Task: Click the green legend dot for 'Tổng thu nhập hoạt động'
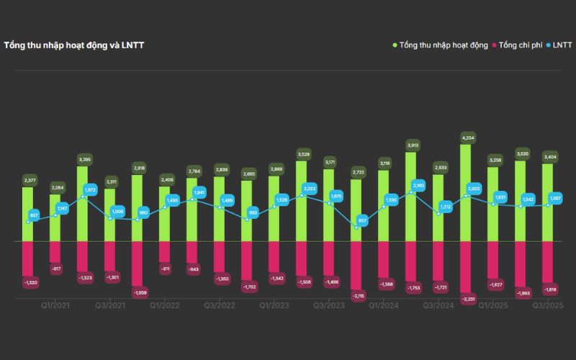[x=395, y=45]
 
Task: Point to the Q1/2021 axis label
[x=56, y=305]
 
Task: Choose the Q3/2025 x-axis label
[x=547, y=305]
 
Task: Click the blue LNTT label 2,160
[x=418, y=186]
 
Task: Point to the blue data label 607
[x=363, y=220]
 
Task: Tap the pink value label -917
[x=55, y=269]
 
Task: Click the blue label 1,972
[x=90, y=190]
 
